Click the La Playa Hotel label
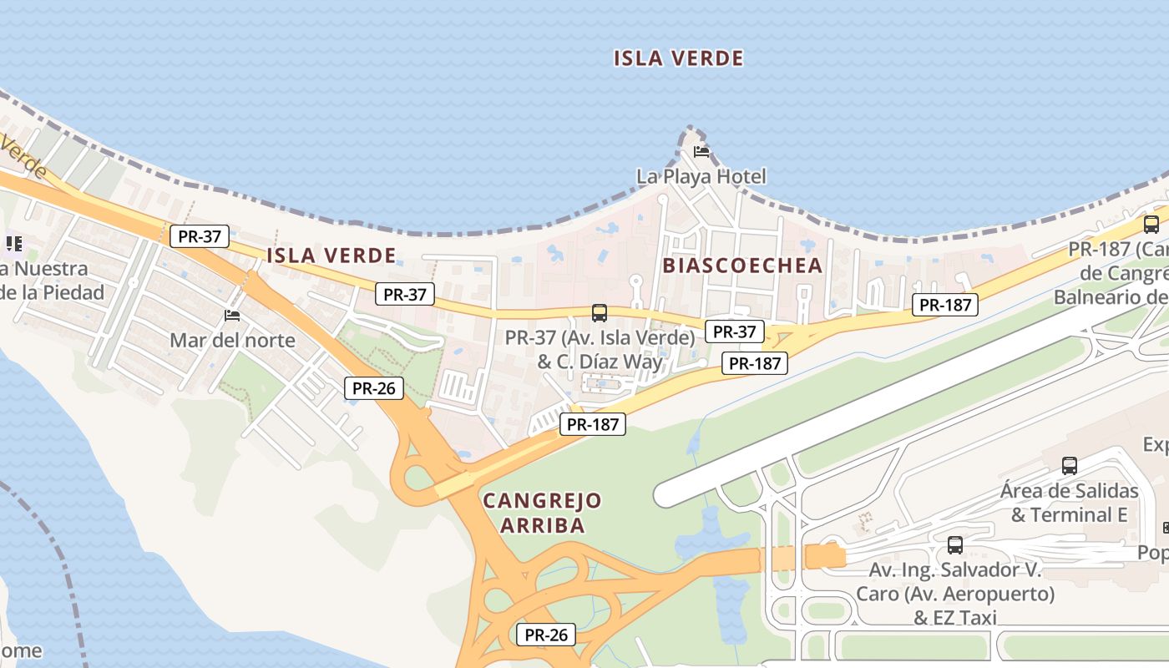(701, 177)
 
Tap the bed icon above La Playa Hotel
(701, 152)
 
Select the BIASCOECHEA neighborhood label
(742, 266)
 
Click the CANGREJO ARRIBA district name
(542, 513)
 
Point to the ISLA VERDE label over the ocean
(678, 58)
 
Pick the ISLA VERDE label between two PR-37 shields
(331, 256)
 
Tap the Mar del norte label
(232, 340)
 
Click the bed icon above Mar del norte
(232, 316)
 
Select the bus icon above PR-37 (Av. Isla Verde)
(599, 313)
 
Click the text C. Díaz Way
(610, 362)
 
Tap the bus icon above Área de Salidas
(1069, 466)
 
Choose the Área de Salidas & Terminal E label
(1069, 503)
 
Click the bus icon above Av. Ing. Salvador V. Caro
(954, 545)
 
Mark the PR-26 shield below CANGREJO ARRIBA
(546, 635)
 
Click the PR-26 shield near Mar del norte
(373, 388)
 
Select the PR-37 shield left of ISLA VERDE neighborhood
(200, 236)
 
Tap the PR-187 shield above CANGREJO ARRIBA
(593, 424)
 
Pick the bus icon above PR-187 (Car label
(1151, 224)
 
